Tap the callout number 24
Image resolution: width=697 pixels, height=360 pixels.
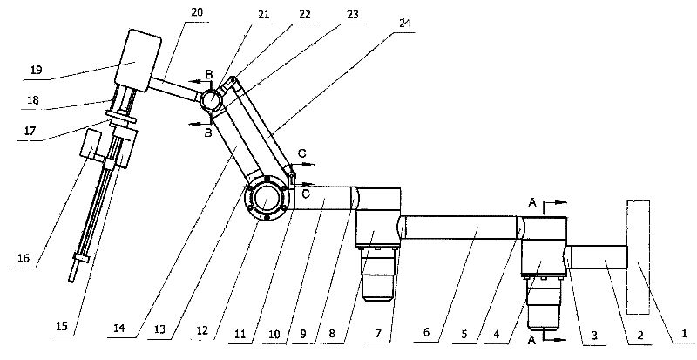coord(405,24)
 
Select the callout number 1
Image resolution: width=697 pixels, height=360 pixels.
coord(685,333)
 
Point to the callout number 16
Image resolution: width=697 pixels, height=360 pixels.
coord(24,258)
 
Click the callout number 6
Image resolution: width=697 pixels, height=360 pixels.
coord(427,333)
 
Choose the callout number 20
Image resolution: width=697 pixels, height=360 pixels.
coord(197,12)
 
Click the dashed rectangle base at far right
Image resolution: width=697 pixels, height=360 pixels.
coord(639,257)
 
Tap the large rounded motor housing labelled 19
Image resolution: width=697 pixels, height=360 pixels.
coord(138,61)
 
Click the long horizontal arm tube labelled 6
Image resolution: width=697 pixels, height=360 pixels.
coord(461,228)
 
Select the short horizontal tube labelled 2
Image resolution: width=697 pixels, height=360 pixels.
coord(599,258)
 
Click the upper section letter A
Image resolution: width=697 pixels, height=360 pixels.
coord(532,203)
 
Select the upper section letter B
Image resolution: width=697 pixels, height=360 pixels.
coord(208,74)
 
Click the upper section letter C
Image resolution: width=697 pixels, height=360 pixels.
coord(301,154)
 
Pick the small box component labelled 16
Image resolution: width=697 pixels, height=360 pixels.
coord(91,143)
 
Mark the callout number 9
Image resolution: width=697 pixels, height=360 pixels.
coord(302,333)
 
